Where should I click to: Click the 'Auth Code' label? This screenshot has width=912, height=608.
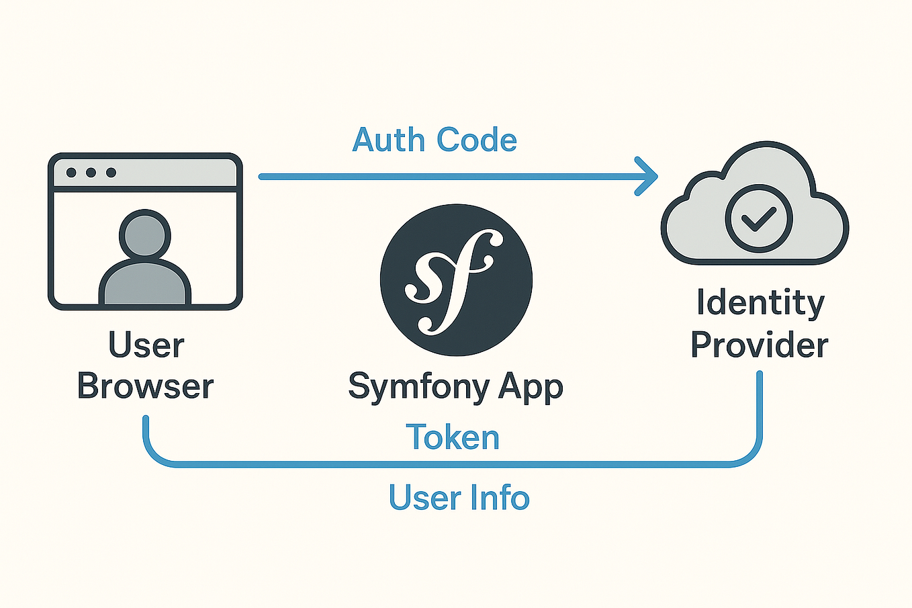(435, 140)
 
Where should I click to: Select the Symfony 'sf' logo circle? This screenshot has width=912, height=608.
(456, 279)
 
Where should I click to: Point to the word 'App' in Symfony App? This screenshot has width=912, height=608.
(531, 388)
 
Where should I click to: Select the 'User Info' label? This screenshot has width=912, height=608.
(459, 498)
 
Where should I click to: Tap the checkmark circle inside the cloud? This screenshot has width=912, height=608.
(759, 218)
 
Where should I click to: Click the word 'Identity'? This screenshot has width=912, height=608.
(760, 303)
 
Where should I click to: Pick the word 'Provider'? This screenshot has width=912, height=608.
(760, 345)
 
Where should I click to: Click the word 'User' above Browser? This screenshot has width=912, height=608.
(146, 345)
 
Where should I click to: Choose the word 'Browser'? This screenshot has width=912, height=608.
(146, 386)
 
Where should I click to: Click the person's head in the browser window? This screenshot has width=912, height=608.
(144, 234)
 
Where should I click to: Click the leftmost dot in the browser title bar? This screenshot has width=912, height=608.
(71, 173)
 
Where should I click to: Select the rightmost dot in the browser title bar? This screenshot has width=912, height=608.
(111, 173)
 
